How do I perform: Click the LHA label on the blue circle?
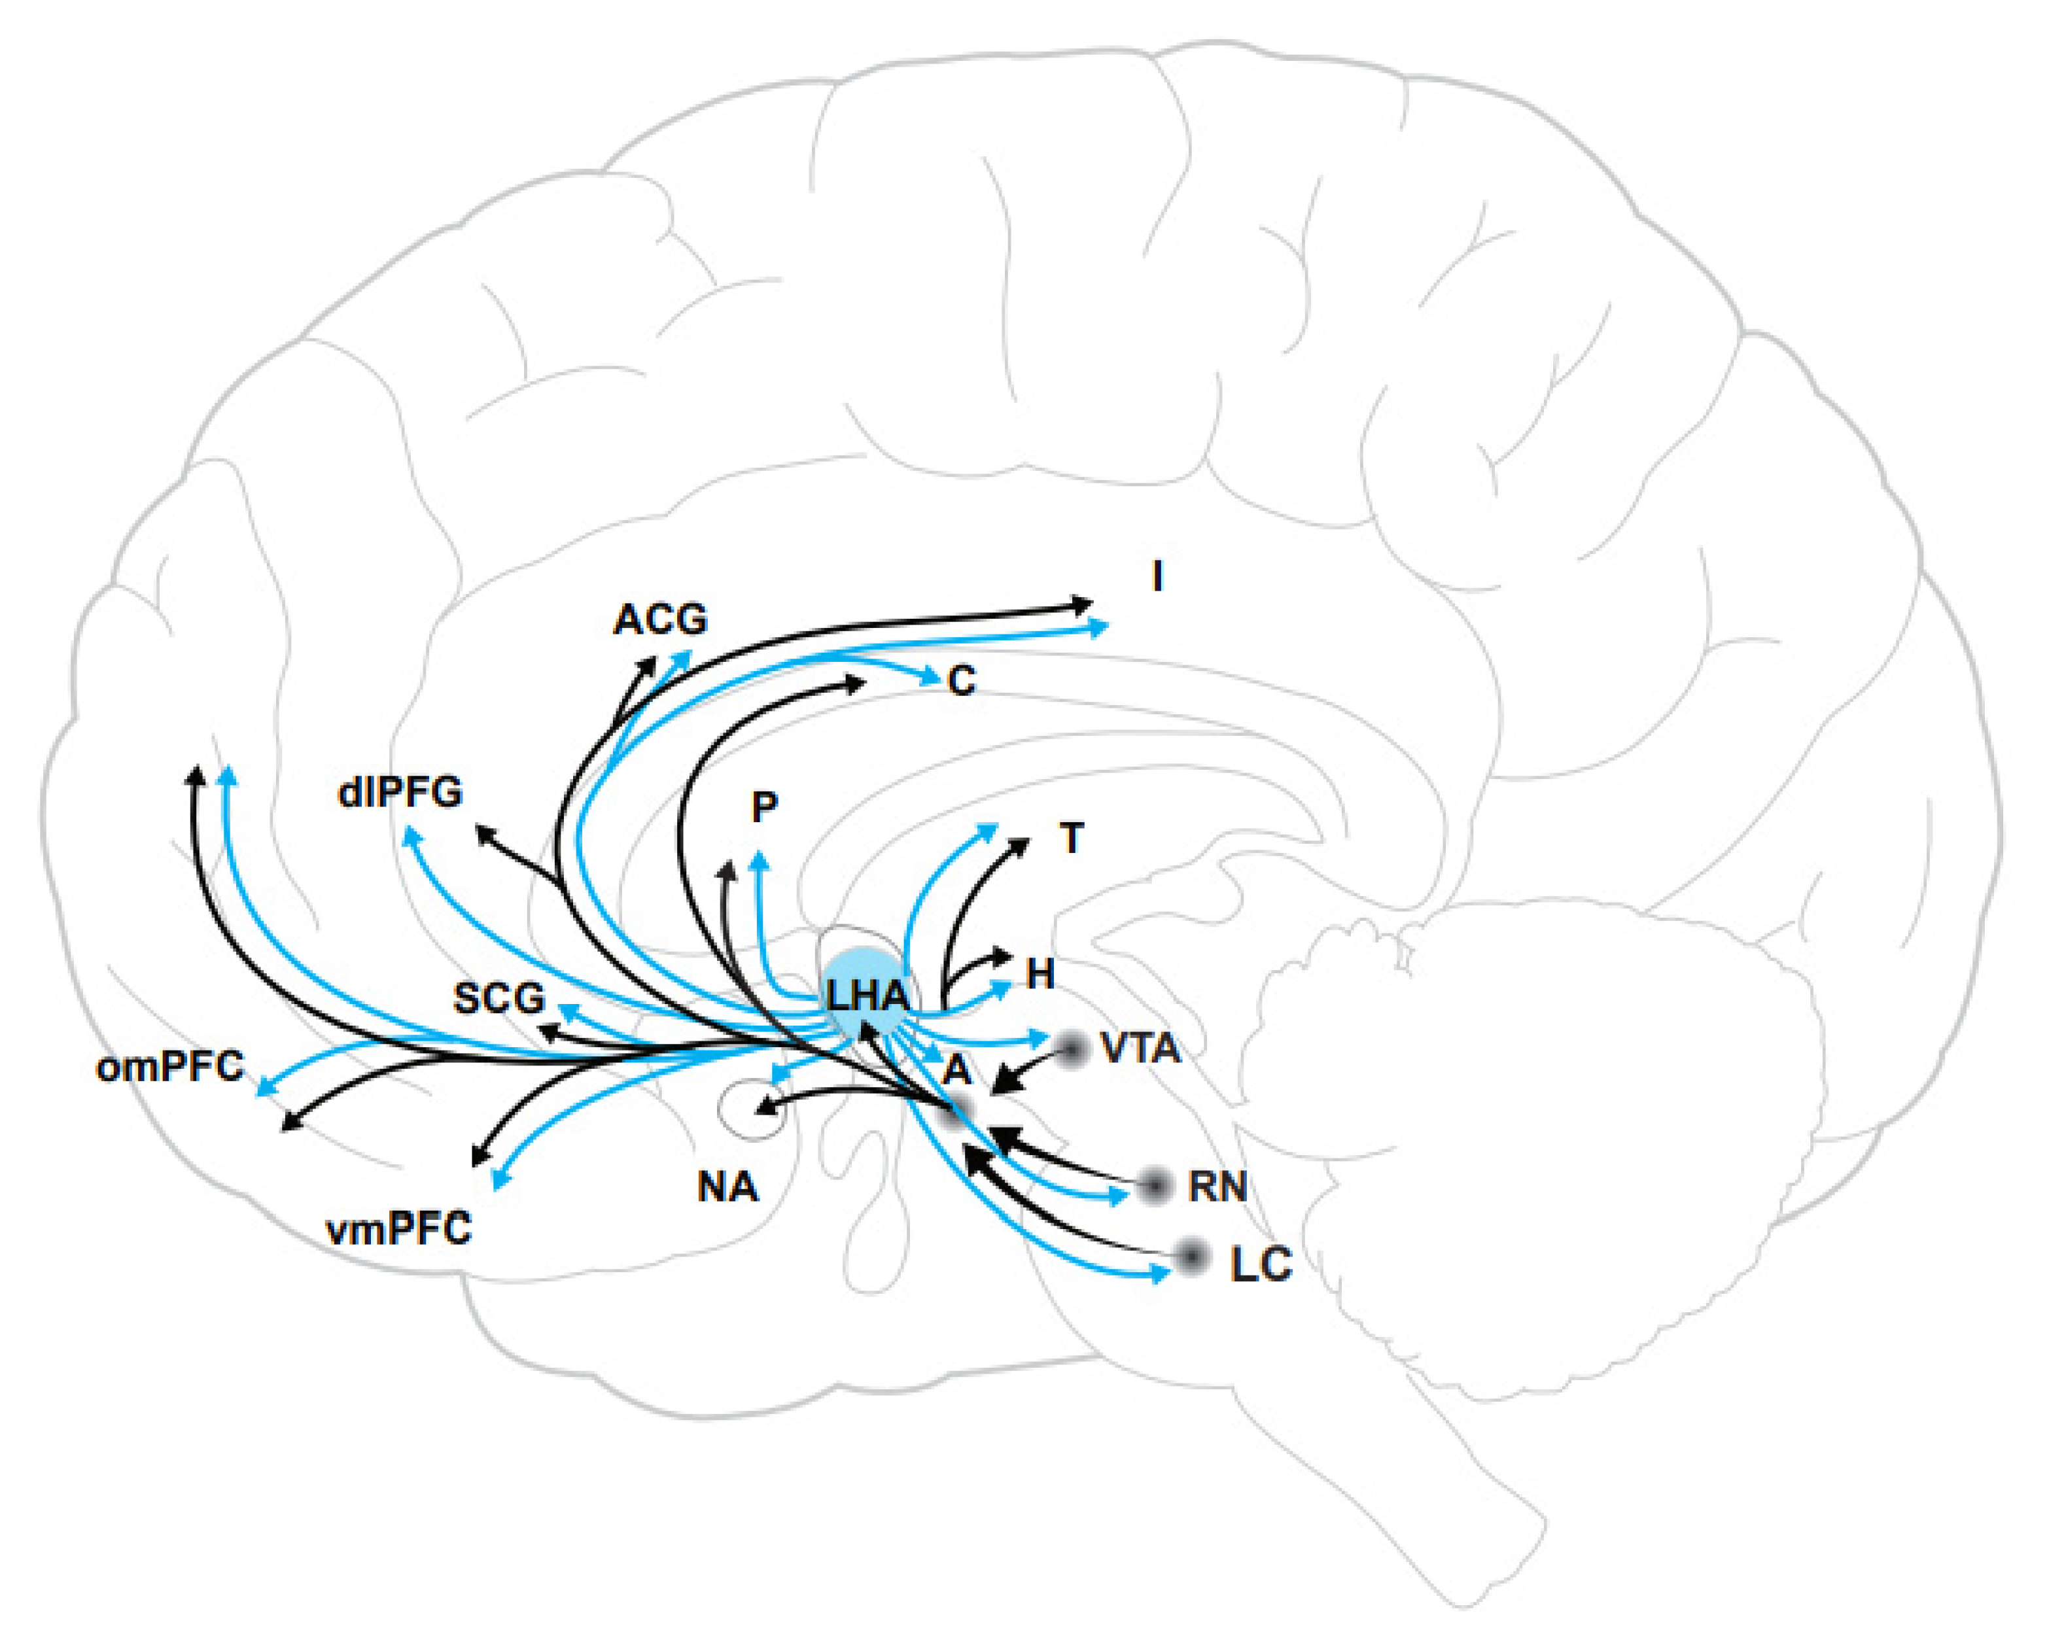click(x=866, y=997)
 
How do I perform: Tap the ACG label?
click(x=661, y=621)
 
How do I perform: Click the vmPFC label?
click(x=399, y=1230)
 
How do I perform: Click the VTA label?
click(x=1140, y=1048)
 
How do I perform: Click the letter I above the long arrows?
click(x=1157, y=577)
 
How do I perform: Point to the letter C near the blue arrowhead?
click(x=962, y=682)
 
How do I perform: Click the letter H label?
click(x=1041, y=974)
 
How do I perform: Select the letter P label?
click(x=764, y=808)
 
